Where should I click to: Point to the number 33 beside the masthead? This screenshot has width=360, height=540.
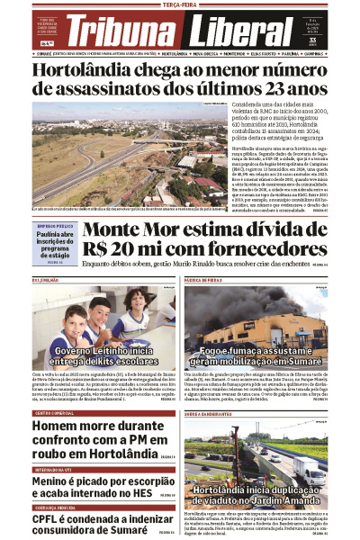(x=337, y=39)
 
